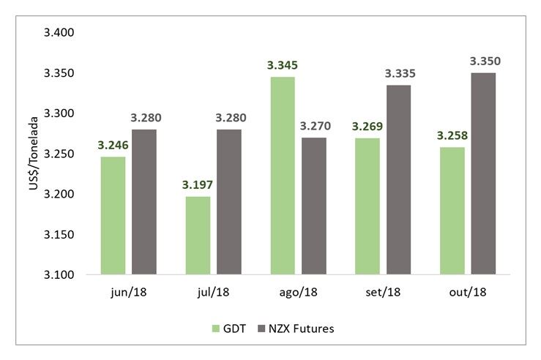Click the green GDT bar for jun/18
pos(113,216)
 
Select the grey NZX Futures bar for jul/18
pos(230,202)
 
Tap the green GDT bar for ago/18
pos(283,176)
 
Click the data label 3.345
pos(283,65)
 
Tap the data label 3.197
pos(198,185)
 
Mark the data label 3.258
pos(452,135)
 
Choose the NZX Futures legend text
pos(303,329)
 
